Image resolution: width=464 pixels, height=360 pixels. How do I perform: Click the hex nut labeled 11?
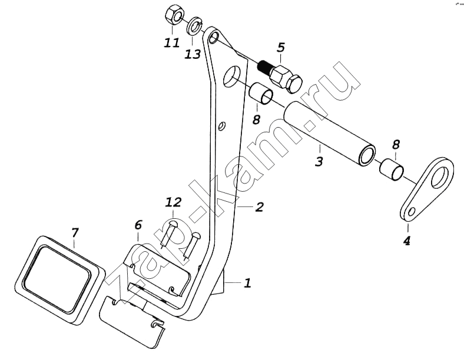(x=174, y=16)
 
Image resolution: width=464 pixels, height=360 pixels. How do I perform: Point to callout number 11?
(x=172, y=43)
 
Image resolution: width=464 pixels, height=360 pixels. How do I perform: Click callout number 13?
(x=193, y=54)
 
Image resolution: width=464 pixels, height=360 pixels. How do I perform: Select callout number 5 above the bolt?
(x=281, y=46)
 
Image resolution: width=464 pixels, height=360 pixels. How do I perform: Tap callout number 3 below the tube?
(x=319, y=161)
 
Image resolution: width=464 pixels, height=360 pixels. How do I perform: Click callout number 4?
(x=407, y=241)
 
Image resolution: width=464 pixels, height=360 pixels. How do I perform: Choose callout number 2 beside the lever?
(x=258, y=207)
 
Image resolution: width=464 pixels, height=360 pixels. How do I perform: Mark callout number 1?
(x=247, y=284)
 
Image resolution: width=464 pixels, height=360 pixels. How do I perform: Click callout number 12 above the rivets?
(x=173, y=202)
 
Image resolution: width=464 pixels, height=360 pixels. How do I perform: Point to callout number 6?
(x=138, y=225)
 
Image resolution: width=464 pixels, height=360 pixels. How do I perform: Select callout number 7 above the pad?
(x=75, y=233)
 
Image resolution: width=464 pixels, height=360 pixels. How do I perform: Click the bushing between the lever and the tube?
(x=261, y=94)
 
